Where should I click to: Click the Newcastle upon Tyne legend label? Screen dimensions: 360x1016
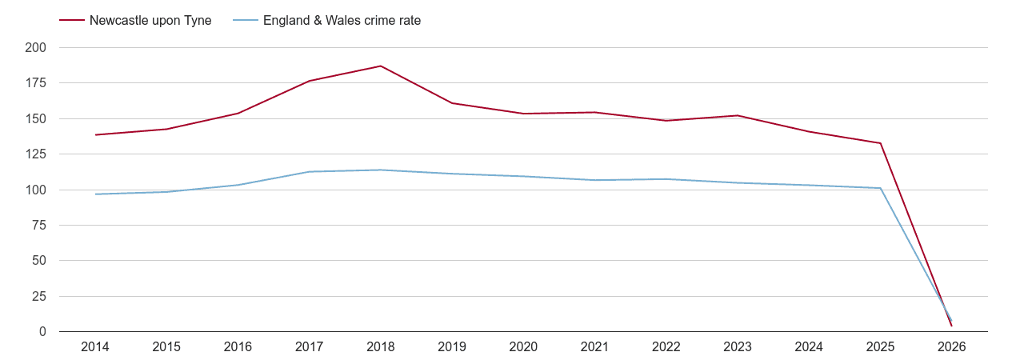click(x=150, y=21)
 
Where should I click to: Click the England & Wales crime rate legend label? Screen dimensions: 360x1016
click(x=342, y=21)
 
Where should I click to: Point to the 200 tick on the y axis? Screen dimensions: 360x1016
click(x=36, y=48)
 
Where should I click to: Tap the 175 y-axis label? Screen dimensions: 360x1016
click(x=36, y=83)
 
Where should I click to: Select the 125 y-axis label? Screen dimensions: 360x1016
click(x=36, y=154)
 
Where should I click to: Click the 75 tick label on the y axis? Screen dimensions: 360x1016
click(x=39, y=226)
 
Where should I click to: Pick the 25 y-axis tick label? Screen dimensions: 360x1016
click(x=39, y=297)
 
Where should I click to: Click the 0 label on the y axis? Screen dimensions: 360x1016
click(x=42, y=332)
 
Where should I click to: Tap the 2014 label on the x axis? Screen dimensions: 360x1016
click(x=95, y=347)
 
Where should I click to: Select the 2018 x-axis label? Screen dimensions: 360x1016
click(x=381, y=347)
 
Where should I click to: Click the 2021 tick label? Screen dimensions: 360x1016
click(x=594, y=347)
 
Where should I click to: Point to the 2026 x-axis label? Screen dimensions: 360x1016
click(x=951, y=347)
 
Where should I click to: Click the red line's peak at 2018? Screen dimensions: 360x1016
click(x=381, y=66)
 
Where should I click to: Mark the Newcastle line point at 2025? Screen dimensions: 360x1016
click(x=880, y=143)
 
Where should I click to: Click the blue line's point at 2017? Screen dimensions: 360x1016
click(x=310, y=171)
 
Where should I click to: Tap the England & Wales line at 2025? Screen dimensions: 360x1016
click(x=880, y=188)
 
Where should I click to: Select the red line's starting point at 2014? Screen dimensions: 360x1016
click(x=95, y=134)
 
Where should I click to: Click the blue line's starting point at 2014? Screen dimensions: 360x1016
click(x=95, y=194)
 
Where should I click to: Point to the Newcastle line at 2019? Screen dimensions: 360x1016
click(x=452, y=103)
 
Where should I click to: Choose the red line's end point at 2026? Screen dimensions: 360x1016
click(x=951, y=326)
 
